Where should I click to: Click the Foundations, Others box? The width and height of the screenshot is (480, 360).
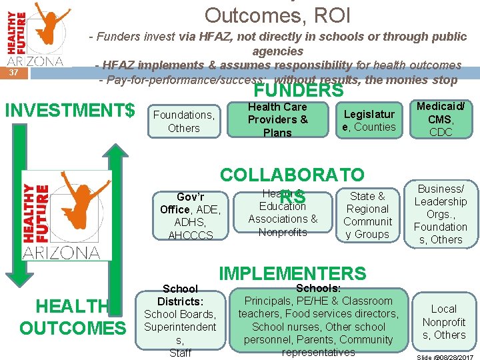(x=183, y=121)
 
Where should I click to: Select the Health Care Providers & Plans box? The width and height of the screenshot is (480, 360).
(x=277, y=120)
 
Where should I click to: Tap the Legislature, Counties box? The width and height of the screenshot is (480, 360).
(x=369, y=120)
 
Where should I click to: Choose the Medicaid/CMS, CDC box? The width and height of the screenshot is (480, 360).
(x=441, y=119)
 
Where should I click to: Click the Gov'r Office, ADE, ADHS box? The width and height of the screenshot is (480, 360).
(x=191, y=216)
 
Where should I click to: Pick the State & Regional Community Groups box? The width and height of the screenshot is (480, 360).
(x=367, y=215)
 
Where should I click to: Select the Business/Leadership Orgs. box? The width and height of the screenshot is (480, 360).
(x=441, y=214)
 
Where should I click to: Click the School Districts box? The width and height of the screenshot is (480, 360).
(x=180, y=321)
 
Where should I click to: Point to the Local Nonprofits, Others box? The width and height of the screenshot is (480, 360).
(x=443, y=322)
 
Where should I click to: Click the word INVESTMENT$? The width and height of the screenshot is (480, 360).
(x=70, y=109)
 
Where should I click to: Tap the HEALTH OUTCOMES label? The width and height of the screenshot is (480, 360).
(x=72, y=317)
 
